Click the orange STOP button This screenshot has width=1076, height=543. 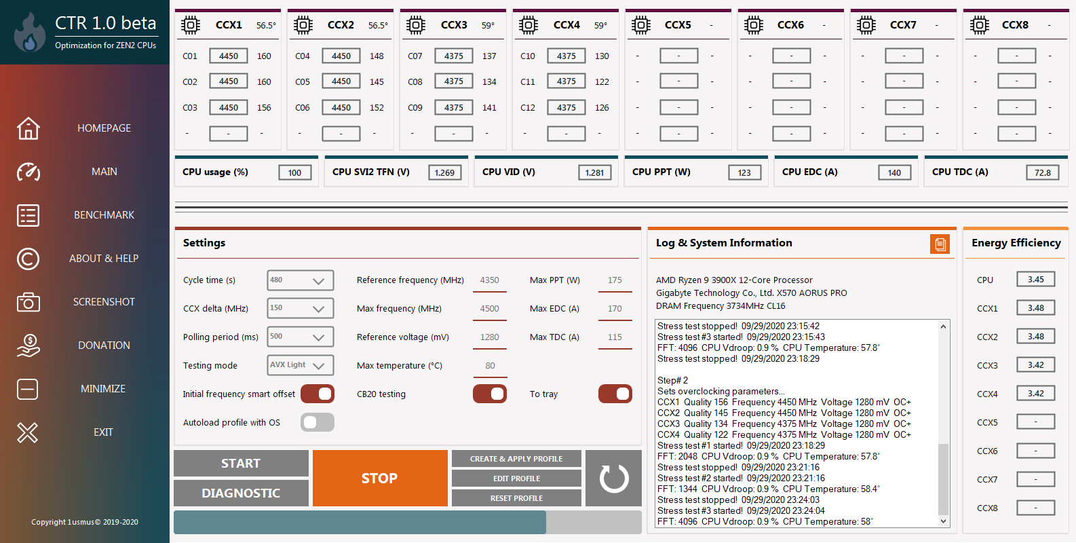[x=380, y=478]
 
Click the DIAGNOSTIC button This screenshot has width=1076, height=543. [x=241, y=493]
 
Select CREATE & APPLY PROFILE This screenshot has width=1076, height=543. [x=516, y=459]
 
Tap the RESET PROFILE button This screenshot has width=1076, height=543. [x=516, y=498]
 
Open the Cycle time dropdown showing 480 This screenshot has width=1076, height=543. [x=301, y=280]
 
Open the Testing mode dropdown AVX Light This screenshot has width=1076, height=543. [x=301, y=365]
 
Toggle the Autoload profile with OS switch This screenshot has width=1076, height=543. [x=318, y=422]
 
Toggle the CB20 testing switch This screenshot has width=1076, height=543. [x=489, y=394]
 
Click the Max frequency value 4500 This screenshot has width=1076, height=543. [x=489, y=309]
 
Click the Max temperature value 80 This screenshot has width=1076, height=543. [x=489, y=366]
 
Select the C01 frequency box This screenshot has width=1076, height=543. [x=228, y=56]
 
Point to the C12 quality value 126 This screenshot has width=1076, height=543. [x=602, y=108]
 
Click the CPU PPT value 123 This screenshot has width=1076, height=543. [x=744, y=172]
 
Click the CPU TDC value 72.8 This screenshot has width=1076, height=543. [x=1042, y=172]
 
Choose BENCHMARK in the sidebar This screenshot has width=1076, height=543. [x=104, y=214]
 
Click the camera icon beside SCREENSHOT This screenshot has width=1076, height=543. [x=28, y=302]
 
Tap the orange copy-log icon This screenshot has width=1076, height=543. [x=940, y=244]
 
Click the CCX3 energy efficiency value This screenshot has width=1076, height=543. [x=1036, y=365]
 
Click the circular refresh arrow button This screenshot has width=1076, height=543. [x=613, y=478]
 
